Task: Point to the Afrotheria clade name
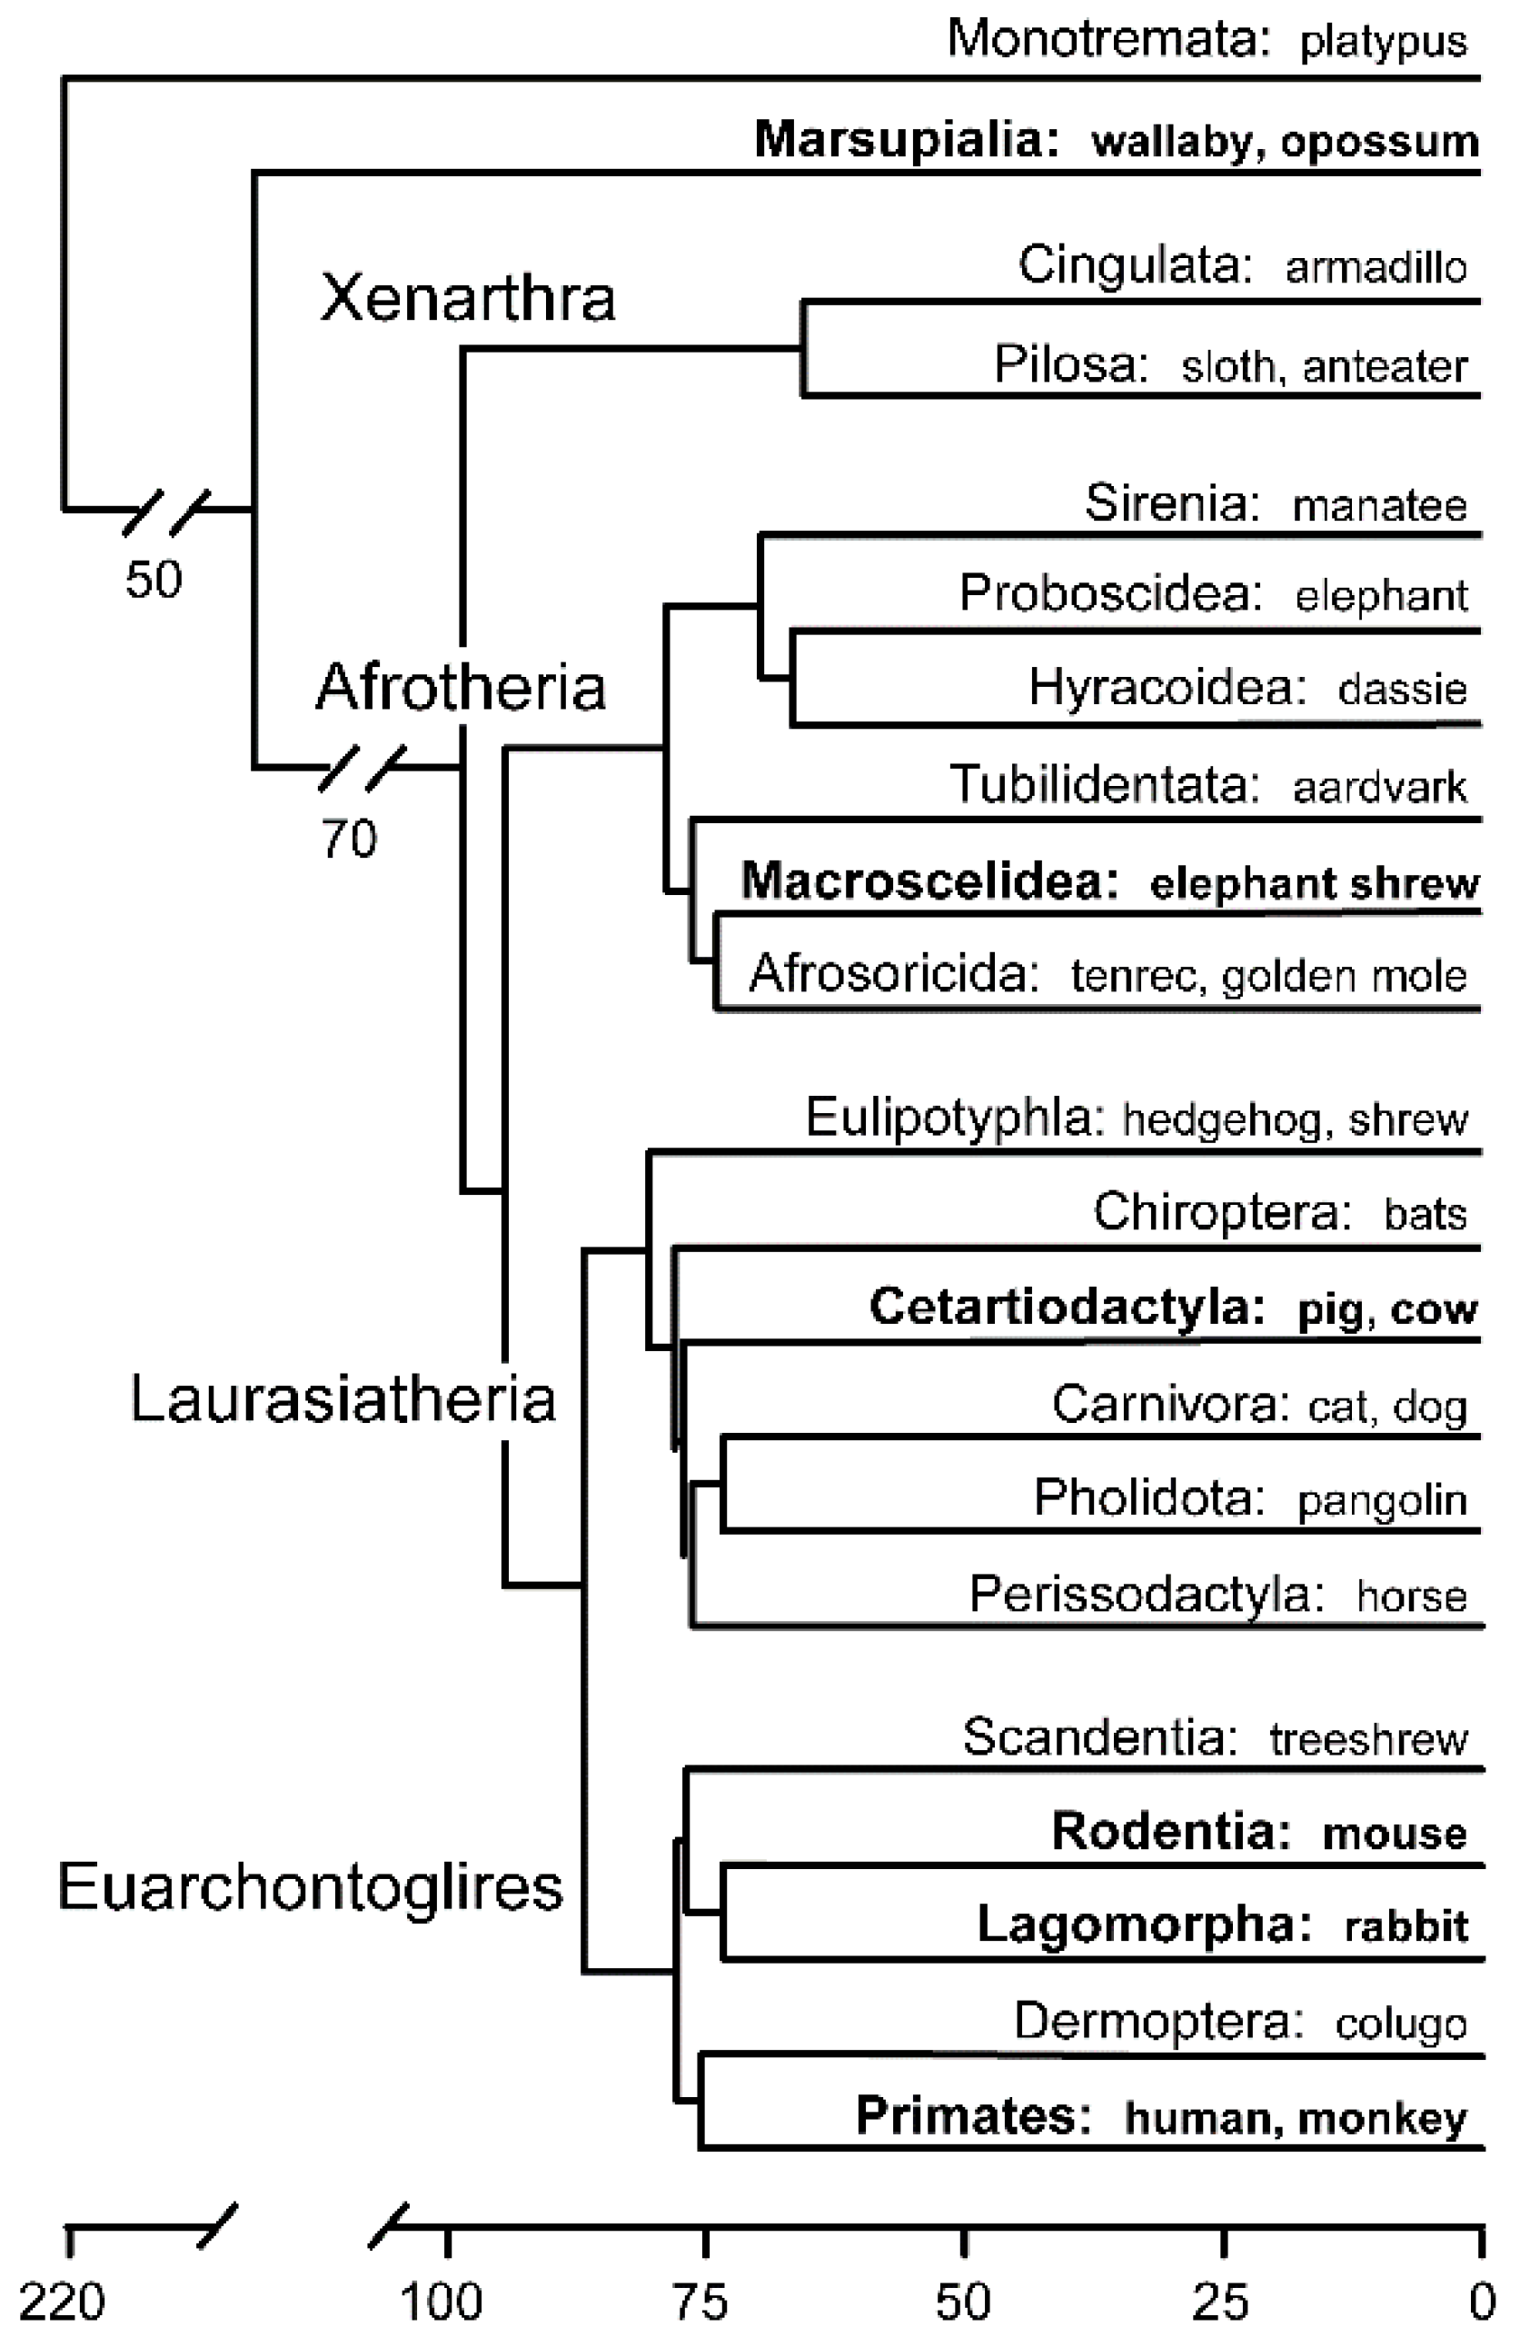pos(461,686)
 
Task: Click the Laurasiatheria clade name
pos(343,1398)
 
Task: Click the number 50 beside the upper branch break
pos(154,580)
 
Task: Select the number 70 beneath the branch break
pos(349,839)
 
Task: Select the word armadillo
pos(1376,268)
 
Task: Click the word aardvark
pos(1379,788)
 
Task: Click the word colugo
pos(1400,2024)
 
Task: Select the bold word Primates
pos(972,2115)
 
